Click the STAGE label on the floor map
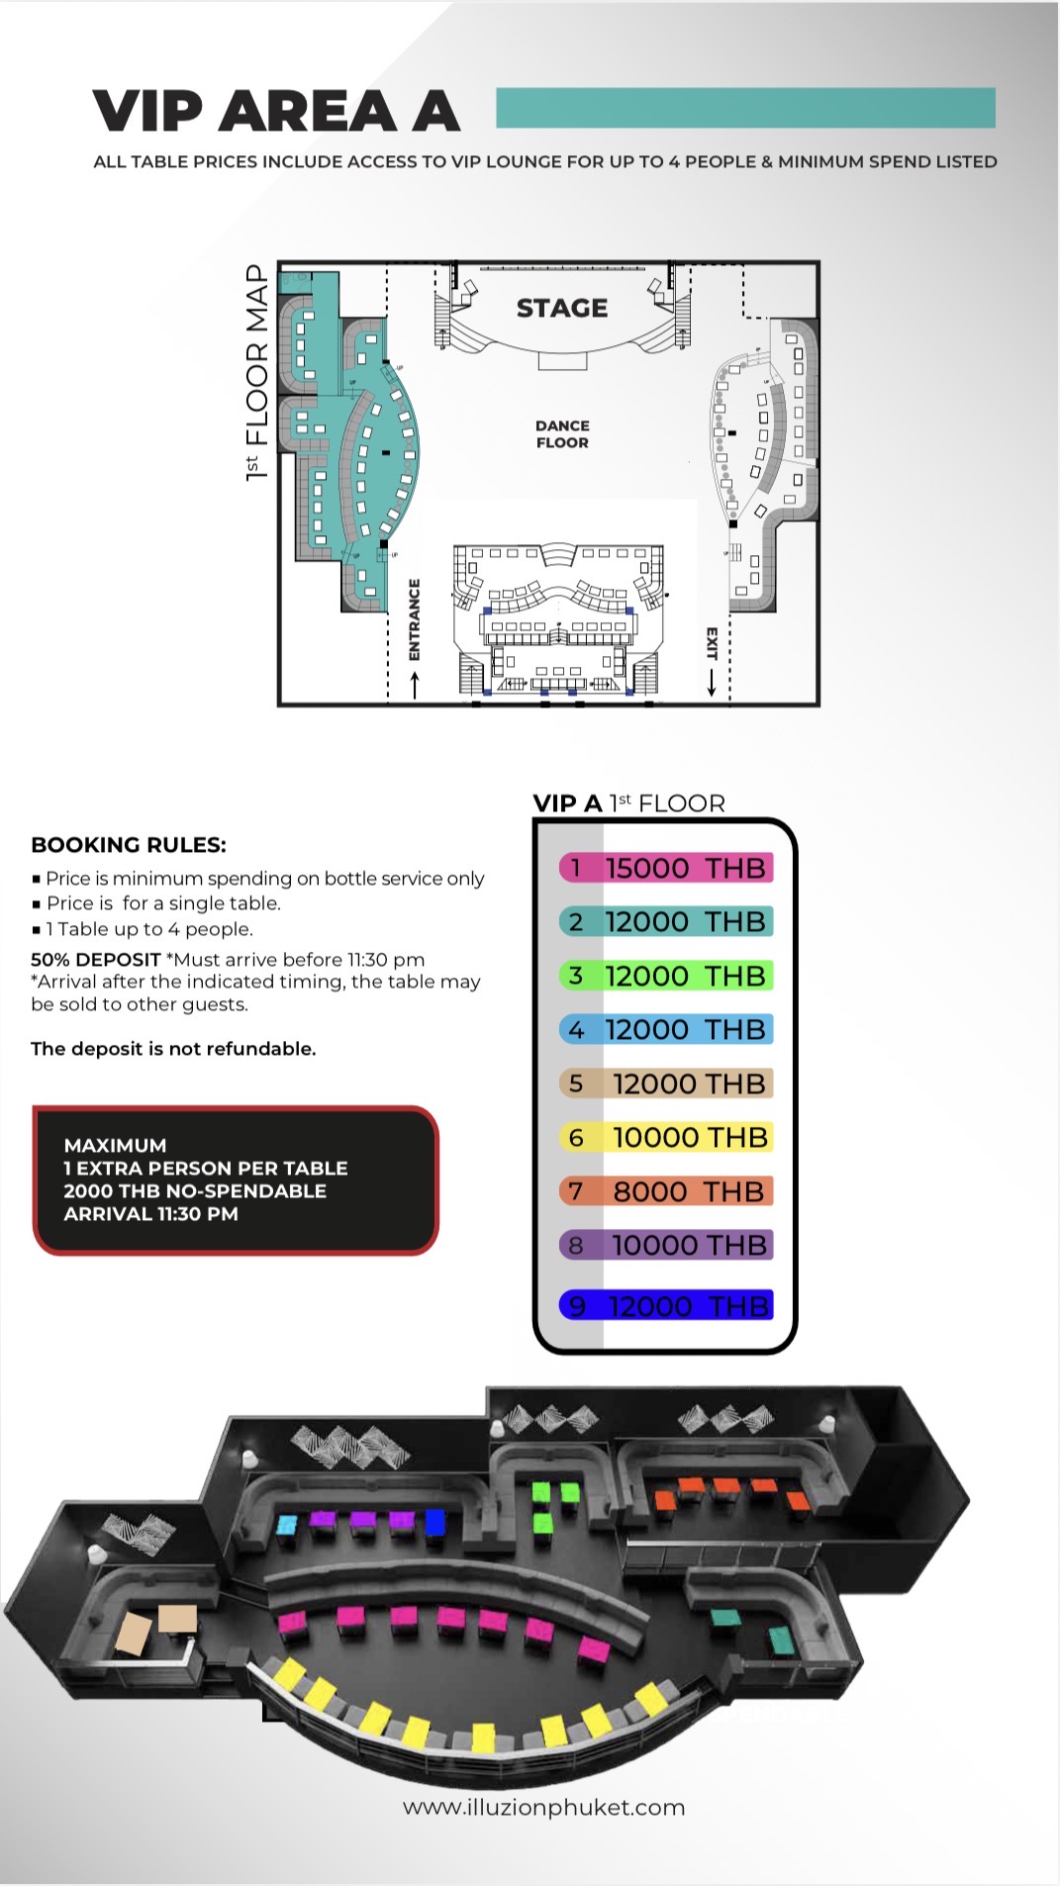tap(561, 308)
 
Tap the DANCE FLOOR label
tap(562, 434)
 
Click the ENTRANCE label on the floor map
tap(415, 619)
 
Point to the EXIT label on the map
tap(711, 643)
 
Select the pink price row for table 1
tap(665, 868)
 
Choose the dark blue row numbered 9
tap(665, 1306)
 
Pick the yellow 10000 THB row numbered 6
tap(665, 1138)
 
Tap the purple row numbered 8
tap(665, 1245)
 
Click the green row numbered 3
tap(665, 976)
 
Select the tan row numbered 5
tap(665, 1084)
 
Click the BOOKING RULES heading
tap(129, 845)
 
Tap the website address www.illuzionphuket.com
tap(543, 1808)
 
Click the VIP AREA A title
tap(276, 111)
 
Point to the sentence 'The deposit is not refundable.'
tap(173, 1049)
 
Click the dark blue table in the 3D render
tap(434, 1521)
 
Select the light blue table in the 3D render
tap(286, 1524)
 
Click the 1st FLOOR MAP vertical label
tap(256, 372)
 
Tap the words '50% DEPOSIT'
tap(95, 960)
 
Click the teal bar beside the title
tap(745, 108)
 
